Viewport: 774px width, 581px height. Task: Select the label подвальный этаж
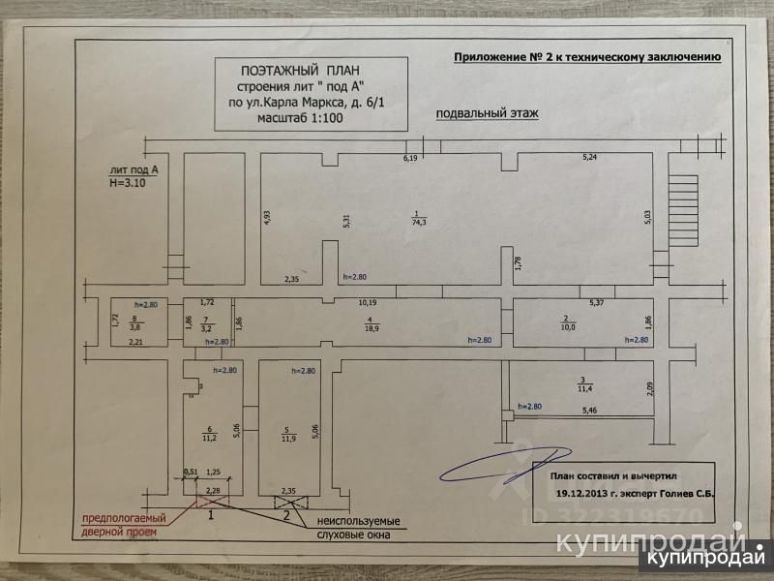487,113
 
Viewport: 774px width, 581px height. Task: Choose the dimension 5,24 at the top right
590,157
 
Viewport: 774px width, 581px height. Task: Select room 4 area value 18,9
372,329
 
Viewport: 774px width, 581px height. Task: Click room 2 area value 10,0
568,327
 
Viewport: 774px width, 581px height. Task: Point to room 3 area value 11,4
583,388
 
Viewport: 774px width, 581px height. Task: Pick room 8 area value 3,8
136,327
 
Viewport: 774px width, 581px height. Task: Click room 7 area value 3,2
205,329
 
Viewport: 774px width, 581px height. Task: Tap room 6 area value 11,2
208,437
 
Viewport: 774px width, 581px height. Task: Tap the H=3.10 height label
128,180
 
